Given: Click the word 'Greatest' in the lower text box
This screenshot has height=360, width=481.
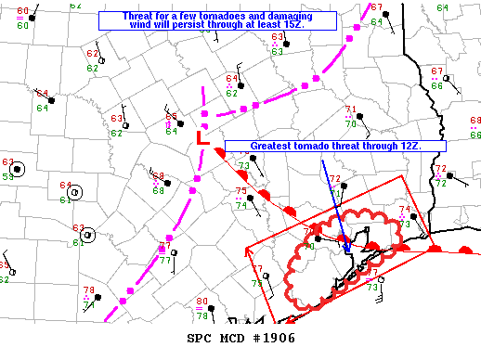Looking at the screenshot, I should point(276,147).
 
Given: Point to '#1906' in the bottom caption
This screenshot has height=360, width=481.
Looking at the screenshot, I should point(273,338).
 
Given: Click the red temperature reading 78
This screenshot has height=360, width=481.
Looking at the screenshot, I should point(89,290).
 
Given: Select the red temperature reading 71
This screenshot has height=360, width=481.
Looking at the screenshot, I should point(350,109).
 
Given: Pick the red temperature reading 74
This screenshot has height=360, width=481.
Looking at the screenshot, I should point(403,210).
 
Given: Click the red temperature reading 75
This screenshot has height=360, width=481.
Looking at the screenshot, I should point(240,192).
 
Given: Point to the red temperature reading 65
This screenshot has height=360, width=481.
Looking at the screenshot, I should point(171,117).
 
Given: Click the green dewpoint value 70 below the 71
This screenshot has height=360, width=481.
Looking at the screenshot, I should point(350,122).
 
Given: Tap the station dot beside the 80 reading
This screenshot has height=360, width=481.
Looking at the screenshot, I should point(212,307).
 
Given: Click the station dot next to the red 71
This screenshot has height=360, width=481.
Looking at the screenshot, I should point(360,117).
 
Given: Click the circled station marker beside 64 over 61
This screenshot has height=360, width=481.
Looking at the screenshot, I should point(75,192).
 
